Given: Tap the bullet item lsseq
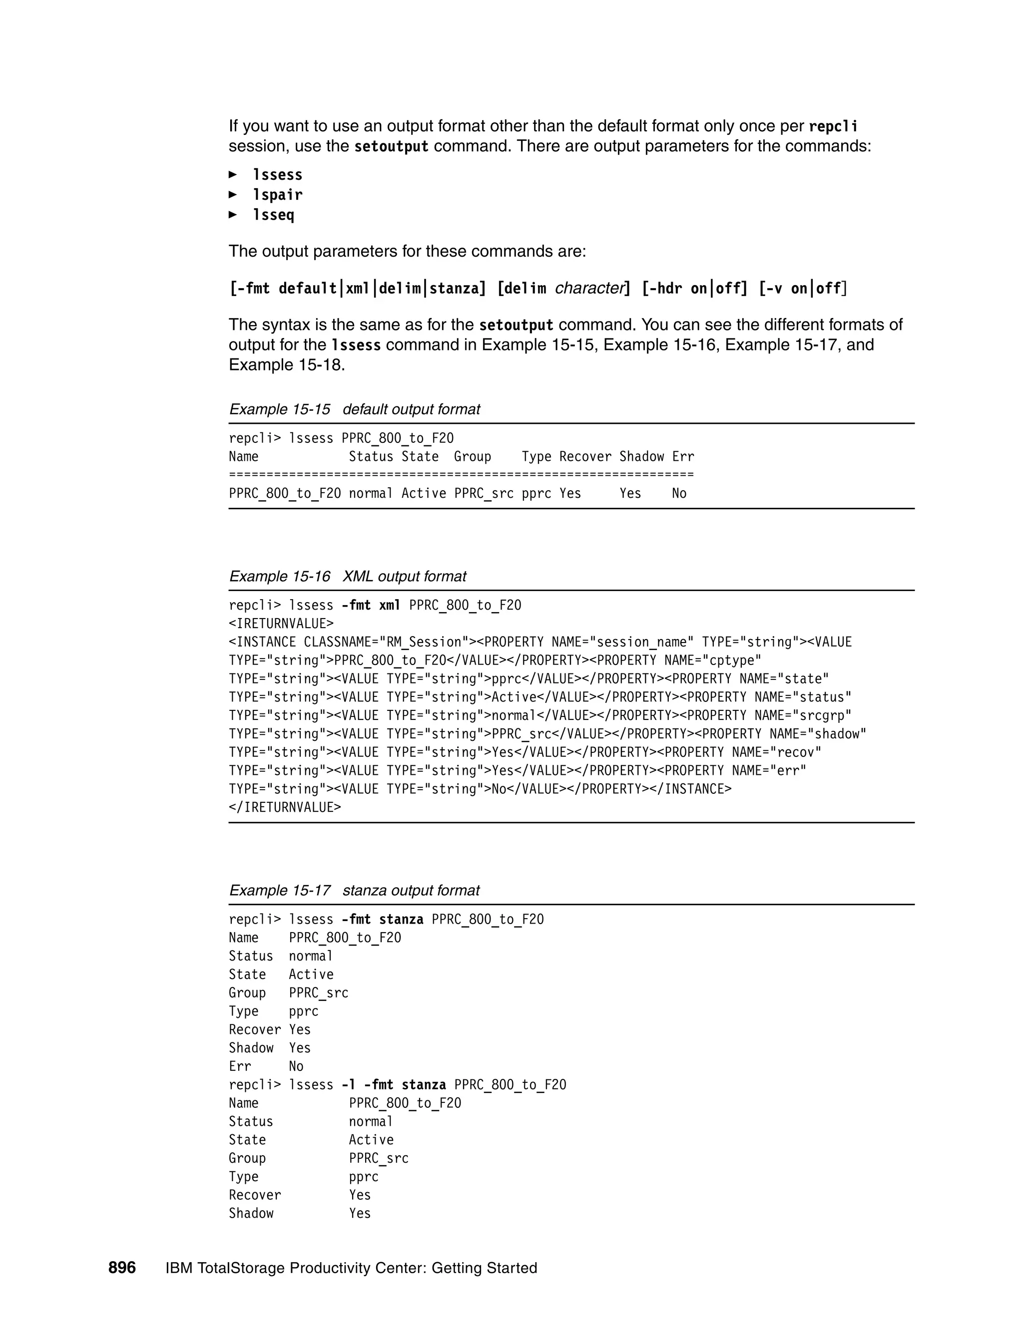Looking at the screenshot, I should point(273,215).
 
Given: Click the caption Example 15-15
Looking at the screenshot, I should point(279,409).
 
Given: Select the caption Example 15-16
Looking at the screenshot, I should point(279,576).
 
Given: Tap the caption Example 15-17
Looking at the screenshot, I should point(279,891).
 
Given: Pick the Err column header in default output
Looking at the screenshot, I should point(683,457).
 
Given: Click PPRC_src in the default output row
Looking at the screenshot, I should point(484,494).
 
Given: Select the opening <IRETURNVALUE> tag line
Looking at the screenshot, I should point(281,624).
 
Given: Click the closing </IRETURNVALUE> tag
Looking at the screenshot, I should point(285,807).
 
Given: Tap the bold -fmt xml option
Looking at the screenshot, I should point(371,605).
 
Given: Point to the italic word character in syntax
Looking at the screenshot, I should point(588,289).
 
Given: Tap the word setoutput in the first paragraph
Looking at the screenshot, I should point(391,147).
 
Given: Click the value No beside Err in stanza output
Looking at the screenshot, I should point(296,1066).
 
